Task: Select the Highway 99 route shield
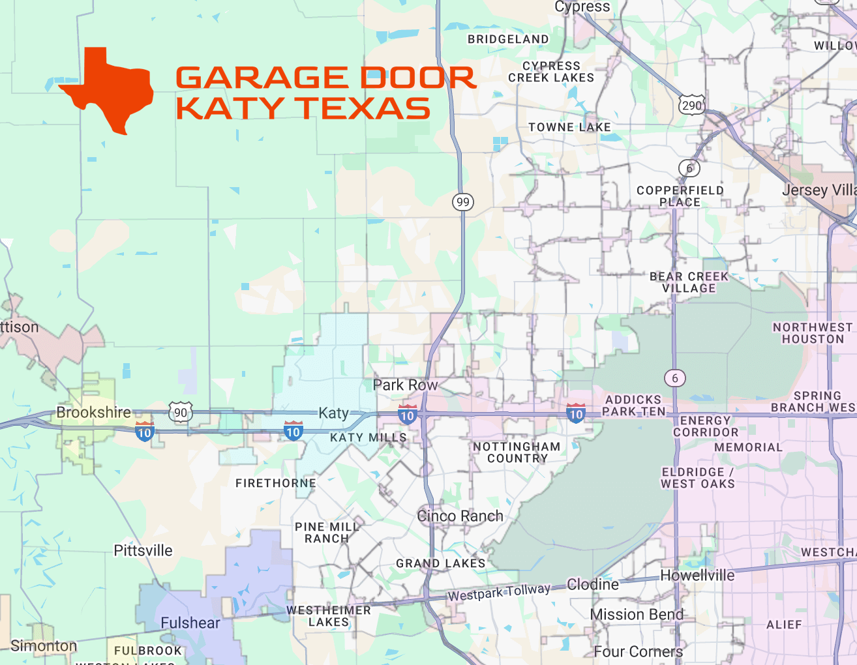(x=463, y=201)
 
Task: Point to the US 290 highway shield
(x=691, y=106)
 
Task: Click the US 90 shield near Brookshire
(x=181, y=412)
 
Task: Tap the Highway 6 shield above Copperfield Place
(x=689, y=168)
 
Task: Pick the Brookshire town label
(x=93, y=412)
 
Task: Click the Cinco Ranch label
(x=460, y=516)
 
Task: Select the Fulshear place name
(x=190, y=623)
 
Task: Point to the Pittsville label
(x=143, y=550)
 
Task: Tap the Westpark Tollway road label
(x=499, y=592)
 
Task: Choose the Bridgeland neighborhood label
(x=508, y=39)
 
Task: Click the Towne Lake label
(x=569, y=127)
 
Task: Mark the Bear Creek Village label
(x=689, y=282)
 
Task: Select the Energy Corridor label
(x=706, y=426)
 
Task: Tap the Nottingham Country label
(x=517, y=452)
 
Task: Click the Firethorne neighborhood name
(x=276, y=483)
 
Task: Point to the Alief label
(x=784, y=625)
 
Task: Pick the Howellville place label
(x=697, y=575)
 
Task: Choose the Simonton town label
(x=44, y=645)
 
